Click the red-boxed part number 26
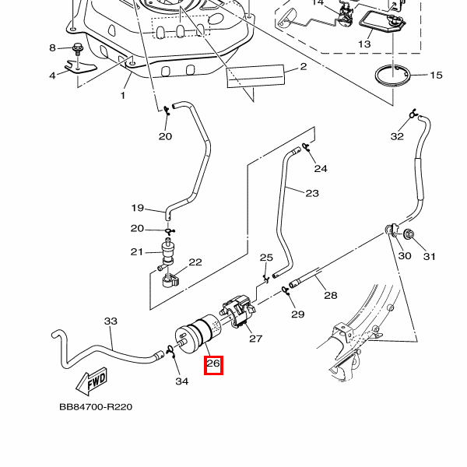[x=213, y=364]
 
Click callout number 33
[x=111, y=321]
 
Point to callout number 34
[x=181, y=381]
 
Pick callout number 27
[x=255, y=339]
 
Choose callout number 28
[x=330, y=296]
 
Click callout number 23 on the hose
[x=312, y=193]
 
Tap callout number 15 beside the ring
[x=435, y=75]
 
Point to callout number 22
[x=195, y=263]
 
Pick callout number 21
[x=137, y=251]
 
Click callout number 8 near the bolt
[x=53, y=48]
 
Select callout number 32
[x=397, y=136]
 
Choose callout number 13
[x=364, y=44]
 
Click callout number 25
[x=266, y=258]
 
